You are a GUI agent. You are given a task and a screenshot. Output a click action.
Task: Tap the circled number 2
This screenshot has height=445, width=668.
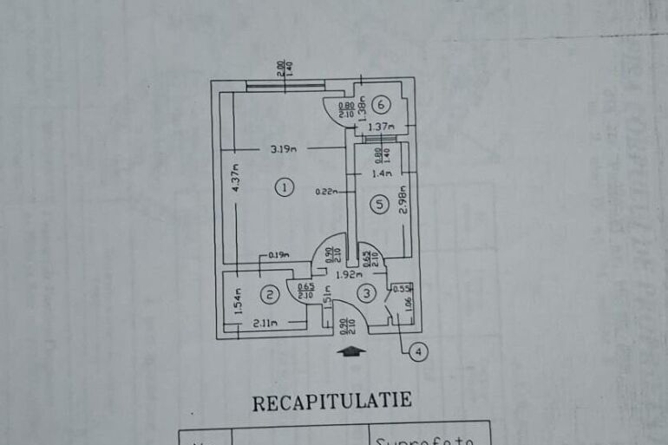[x=270, y=296]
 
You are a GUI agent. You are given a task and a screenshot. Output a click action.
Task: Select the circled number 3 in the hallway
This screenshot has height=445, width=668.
[x=368, y=294]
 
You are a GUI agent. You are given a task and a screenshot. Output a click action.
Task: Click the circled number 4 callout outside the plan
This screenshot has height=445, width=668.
[x=419, y=352]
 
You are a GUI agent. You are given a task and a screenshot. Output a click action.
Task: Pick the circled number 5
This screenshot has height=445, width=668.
[x=378, y=205]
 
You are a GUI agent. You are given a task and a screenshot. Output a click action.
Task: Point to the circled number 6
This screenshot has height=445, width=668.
[x=377, y=106]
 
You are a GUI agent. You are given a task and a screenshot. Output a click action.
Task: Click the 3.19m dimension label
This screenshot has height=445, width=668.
[x=284, y=148]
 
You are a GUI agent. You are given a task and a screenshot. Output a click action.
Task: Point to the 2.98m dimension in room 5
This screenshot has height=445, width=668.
[x=403, y=200]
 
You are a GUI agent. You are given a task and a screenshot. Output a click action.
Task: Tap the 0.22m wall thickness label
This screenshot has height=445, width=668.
[x=326, y=192]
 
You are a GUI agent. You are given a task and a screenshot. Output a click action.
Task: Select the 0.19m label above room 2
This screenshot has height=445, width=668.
[x=278, y=255]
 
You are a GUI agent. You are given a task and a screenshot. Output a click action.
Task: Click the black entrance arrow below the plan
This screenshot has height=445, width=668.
[x=350, y=350]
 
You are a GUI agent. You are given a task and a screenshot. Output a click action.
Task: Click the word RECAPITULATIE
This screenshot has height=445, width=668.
[x=331, y=402]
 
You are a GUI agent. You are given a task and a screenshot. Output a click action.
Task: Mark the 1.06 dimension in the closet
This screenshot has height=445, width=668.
[x=408, y=304]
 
